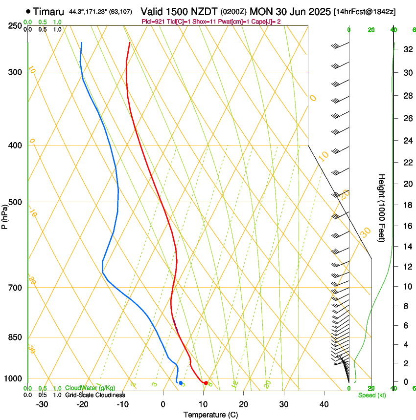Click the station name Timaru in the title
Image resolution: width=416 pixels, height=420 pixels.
[x=48, y=11]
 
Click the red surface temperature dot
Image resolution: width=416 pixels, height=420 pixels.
[x=206, y=383]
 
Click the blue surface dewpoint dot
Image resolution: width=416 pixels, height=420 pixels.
[x=181, y=383]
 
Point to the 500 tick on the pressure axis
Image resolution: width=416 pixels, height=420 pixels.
[x=14, y=202]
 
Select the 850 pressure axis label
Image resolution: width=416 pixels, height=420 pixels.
[x=14, y=337]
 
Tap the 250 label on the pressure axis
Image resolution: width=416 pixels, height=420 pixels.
[x=14, y=25]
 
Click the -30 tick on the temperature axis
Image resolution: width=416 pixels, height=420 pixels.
[x=42, y=404]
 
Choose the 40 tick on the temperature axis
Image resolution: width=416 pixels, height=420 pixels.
[x=324, y=404]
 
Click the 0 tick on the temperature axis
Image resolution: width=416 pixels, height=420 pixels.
[x=163, y=404]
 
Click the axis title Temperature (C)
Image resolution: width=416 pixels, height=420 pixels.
[x=210, y=415]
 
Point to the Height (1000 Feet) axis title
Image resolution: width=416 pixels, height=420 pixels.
[x=382, y=208]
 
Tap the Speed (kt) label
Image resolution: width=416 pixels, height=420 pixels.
[x=372, y=395]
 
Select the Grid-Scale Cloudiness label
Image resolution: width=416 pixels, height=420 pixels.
[x=95, y=395]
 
